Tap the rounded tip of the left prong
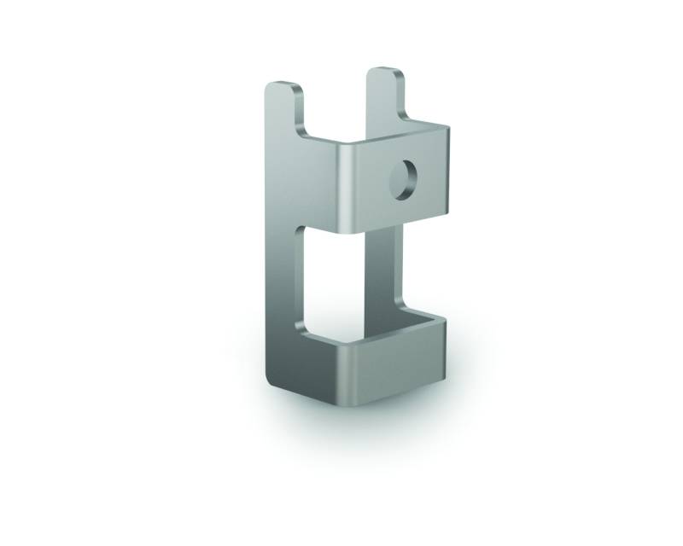(281, 85)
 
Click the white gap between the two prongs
(335, 102)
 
